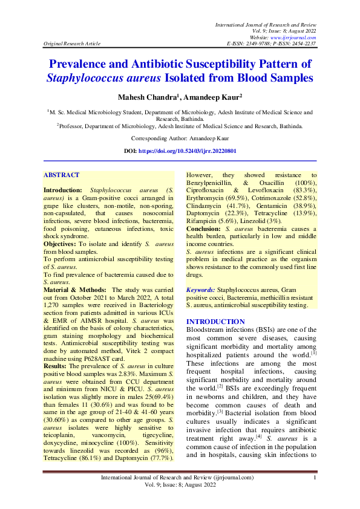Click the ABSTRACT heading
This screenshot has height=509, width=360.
coord(61,175)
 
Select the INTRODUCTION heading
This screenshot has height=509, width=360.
coord(215,321)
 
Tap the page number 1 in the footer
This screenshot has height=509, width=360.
coord(315,478)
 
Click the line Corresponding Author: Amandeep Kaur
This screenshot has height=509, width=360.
coord(180,138)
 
